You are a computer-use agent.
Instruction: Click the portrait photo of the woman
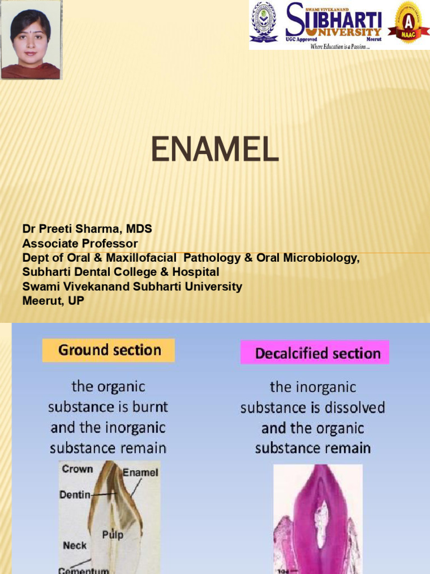pos(30,40)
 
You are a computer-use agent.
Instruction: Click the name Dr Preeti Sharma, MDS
pos(87,229)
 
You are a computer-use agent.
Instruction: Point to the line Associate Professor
pos(80,243)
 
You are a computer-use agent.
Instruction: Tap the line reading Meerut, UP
pos(53,301)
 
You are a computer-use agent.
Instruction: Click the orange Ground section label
pos(109,351)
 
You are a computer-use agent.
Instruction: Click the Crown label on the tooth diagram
pos(77,469)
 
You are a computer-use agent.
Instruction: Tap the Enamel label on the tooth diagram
pos(141,473)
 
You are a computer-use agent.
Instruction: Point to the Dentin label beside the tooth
pos(74,495)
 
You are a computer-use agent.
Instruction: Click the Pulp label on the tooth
pos(113,535)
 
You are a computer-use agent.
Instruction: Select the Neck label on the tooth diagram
pos(75,545)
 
